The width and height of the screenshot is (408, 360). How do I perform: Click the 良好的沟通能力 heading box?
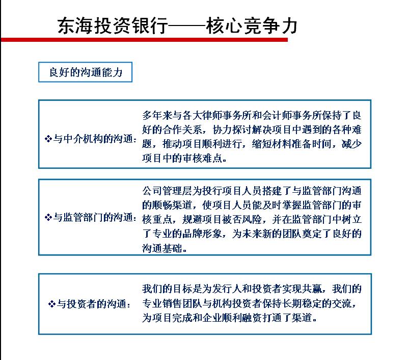pyautogui.click(x=85, y=72)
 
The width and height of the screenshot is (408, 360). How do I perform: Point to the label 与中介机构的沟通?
pyautogui.click(x=94, y=139)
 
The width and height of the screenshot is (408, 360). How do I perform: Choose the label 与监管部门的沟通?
pyautogui.click(x=94, y=217)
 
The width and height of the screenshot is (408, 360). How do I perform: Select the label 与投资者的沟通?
pyautogui.click(x=94, y=304)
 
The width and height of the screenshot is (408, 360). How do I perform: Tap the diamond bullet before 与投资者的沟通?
pyautogui.click(x=51, y=304)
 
